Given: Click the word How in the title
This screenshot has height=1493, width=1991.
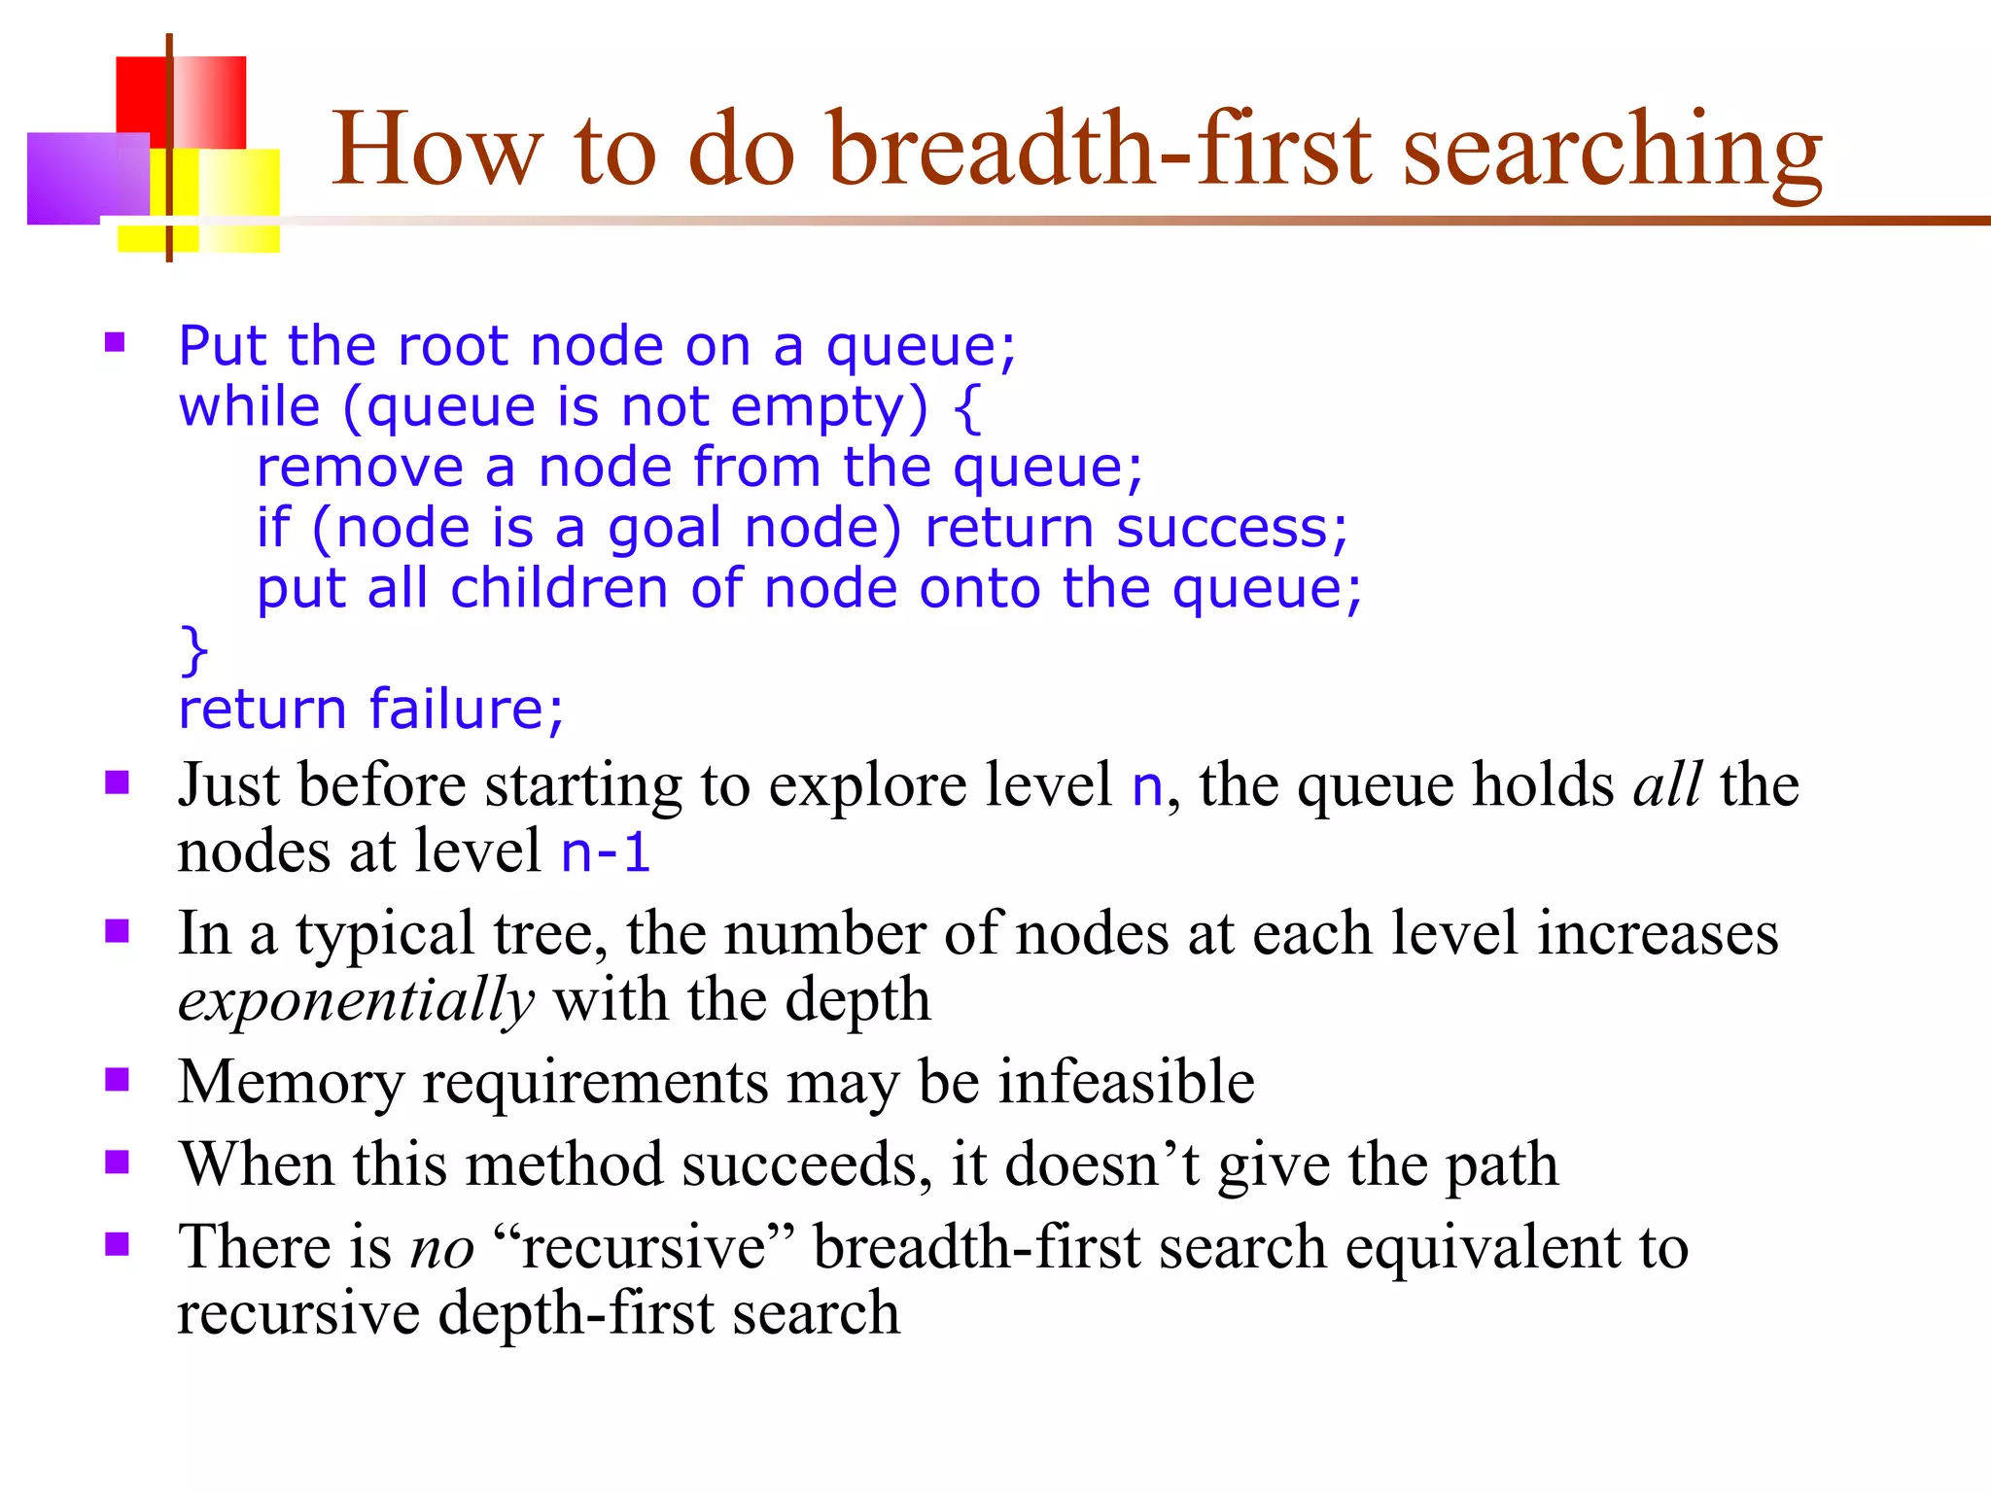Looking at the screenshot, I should click(436, 151).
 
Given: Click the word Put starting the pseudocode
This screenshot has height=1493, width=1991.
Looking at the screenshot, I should click(223, 346).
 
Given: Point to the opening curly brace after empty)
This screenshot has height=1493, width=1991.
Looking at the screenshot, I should click(966, 408).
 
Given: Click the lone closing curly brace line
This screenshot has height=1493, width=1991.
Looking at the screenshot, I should click(194, 649).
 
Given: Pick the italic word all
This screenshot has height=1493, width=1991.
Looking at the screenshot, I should click(1666, 785).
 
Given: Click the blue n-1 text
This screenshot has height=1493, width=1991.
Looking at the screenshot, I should click(605, 852).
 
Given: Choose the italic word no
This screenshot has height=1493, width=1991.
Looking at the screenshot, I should click(442, 1248).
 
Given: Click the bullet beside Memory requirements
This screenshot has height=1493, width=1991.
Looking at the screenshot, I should click(118, 1080).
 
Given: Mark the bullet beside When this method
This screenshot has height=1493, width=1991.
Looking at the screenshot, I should click(118, 1163).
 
